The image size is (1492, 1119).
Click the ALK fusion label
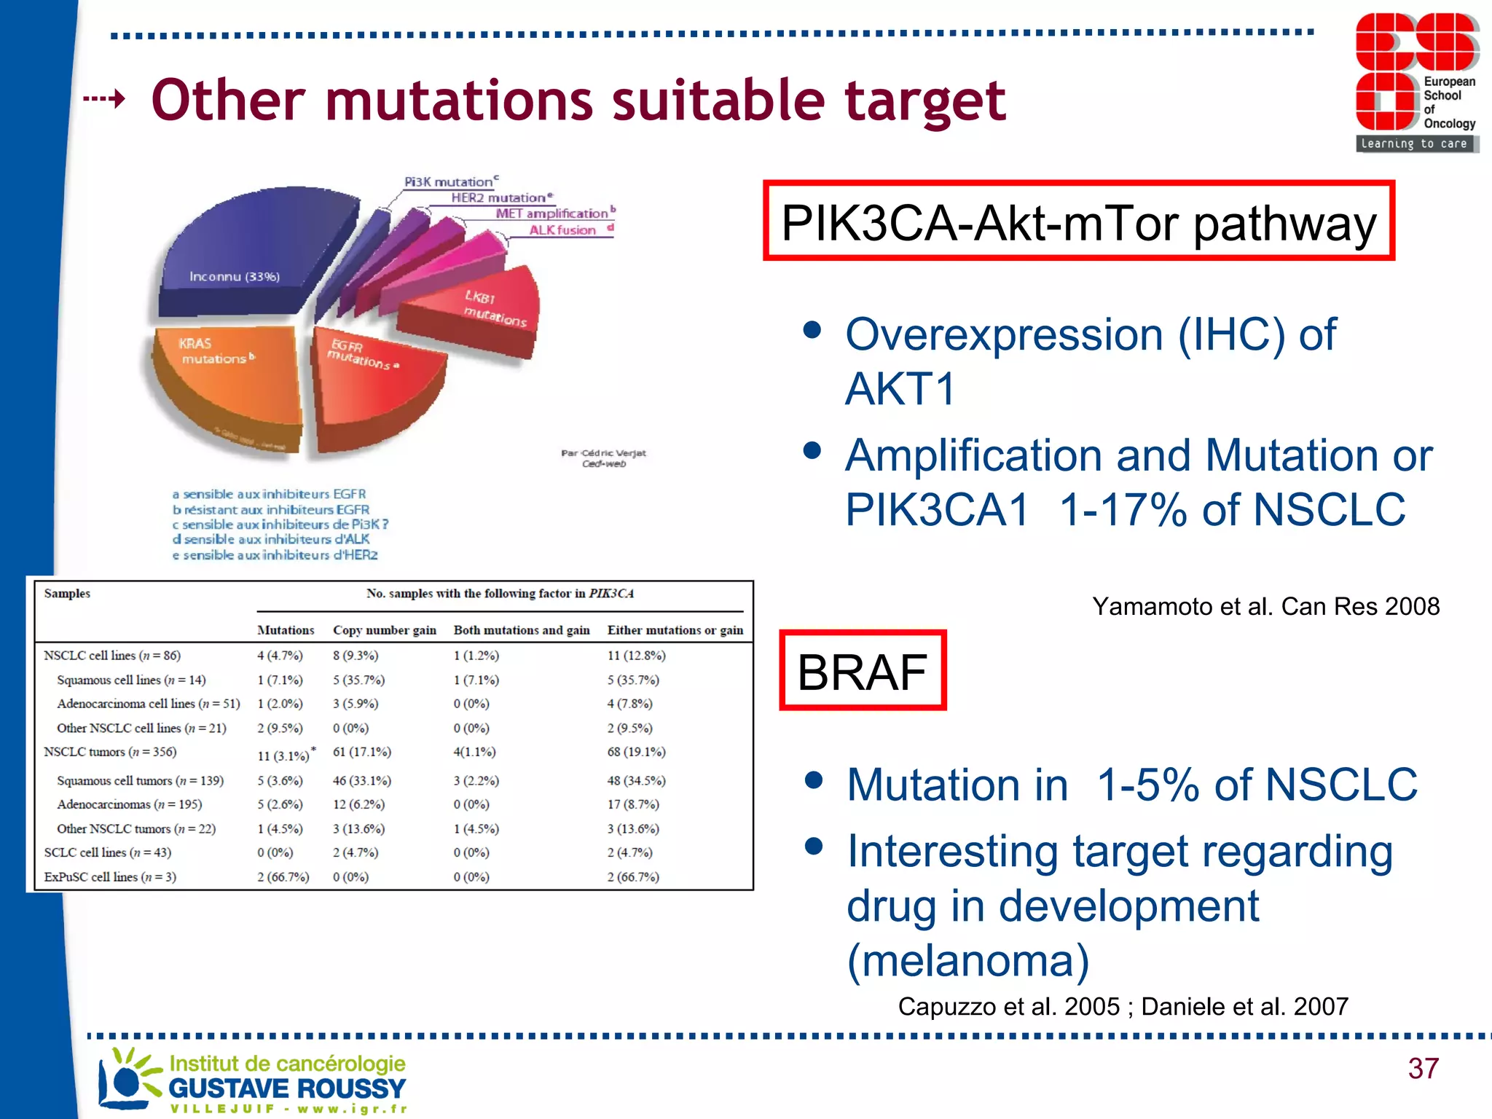(562, 230)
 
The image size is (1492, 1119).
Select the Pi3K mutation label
(449, 181)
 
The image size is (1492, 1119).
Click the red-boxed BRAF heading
(863, 671)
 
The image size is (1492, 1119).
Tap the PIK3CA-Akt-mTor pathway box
(1078, 221)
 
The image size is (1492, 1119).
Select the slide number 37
(1423, 1069)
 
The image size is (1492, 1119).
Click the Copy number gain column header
(384, 630)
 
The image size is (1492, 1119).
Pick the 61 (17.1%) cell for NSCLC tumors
(362, 752)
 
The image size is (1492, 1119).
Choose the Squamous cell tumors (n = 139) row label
(140, 780)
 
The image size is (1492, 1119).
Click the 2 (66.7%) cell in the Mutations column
(283, 877)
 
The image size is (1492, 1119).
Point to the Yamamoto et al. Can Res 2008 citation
(1265, 606)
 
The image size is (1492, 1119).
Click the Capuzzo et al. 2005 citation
(1008, 1007)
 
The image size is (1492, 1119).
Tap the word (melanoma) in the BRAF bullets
(968, 960)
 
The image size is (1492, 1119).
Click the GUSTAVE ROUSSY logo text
(287, 1088)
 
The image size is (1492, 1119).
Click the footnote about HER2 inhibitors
(275, 555)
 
